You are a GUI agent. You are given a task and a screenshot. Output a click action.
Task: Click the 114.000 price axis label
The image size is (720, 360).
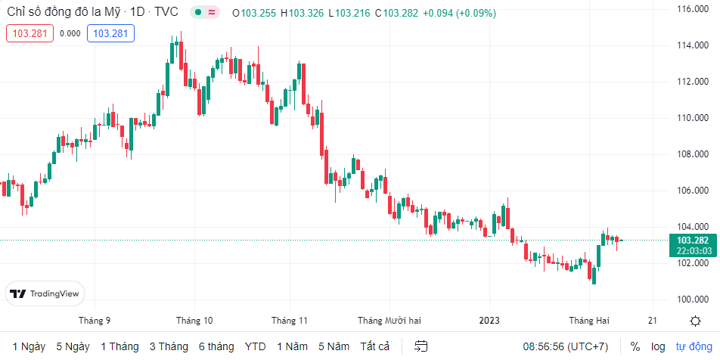point(693,45)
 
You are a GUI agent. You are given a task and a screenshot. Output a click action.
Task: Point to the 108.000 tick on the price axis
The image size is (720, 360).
point(693,154)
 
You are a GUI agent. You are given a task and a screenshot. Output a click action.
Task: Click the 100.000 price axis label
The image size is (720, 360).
point(693,299)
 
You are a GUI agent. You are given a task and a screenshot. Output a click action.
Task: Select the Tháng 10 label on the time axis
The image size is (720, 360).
point(194,320)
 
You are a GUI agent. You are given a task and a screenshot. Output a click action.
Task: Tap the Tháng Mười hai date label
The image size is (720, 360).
point(389,320)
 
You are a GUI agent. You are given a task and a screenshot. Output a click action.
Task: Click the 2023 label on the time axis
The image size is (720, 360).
point(489,320)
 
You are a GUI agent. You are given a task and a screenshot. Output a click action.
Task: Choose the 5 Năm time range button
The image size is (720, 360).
point(334,346)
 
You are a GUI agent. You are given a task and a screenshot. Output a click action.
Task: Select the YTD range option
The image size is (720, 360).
point(255,346)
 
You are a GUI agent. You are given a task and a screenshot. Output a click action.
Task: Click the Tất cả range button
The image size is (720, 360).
point(375,346)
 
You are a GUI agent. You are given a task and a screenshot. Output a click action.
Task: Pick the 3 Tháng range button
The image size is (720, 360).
point(169,346)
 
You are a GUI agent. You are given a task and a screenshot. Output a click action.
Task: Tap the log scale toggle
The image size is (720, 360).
point(659,346)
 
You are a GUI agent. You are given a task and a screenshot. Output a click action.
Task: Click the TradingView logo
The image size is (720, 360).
point(46,294)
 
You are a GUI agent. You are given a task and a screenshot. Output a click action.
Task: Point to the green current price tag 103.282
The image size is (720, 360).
point(693,241)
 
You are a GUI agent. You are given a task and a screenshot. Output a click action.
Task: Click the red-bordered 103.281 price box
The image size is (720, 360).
point(29,33)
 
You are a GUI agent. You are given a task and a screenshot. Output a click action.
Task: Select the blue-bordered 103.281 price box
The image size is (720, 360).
point(110,33)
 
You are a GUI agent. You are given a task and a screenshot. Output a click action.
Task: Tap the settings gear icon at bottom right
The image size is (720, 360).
point(695,321)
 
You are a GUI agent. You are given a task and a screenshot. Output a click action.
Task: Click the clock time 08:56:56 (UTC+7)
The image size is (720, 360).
point(565,346)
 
